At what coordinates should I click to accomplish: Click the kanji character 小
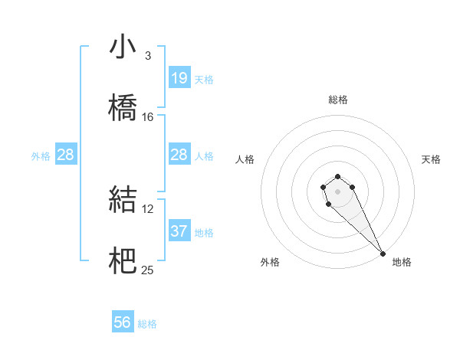click(x=123, y=47)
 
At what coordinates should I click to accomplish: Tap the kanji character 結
click(x=123, y=198)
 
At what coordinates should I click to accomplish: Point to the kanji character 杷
click(x=123, y=260)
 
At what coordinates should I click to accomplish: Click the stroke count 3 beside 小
click(x=148, y=55)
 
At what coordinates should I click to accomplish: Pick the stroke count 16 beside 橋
click(x=148, y=116)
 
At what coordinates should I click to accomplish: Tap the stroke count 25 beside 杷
click(x=148, y=270)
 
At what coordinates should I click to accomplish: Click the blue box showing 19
click(x=179, y=78)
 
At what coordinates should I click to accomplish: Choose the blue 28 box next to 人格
click(x=179, y=155)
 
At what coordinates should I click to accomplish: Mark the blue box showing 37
click(x=179, y=231)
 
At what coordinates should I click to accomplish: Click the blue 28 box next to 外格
click(x=66, y=155)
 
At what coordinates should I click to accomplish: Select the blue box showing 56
click(x=123, y=322)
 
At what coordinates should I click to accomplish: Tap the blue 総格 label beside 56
click(x=147, y=324)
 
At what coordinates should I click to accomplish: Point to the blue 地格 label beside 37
click(x=204, y=233)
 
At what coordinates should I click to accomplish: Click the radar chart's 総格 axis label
click(x=338, y=100)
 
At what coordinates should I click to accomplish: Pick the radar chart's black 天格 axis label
click(x=431, y=159)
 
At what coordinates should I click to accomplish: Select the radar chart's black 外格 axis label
click(x=270, y=262)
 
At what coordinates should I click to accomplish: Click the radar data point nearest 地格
click(x=383, y=253)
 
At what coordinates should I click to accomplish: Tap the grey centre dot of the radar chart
click(x=337, y=190)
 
